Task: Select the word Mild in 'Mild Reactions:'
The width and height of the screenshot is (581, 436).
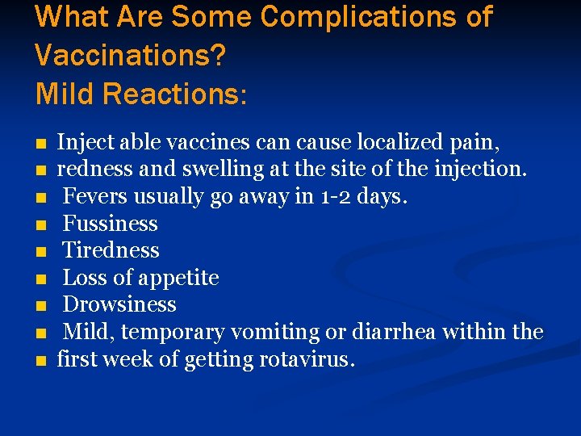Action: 65,94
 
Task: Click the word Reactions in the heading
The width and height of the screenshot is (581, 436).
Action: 170,94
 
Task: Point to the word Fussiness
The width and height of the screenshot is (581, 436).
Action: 110,224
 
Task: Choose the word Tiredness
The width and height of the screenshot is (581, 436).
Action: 111,250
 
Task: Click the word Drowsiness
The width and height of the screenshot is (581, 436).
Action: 119,304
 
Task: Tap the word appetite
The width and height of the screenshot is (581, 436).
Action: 179,279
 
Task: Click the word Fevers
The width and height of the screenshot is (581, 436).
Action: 94,196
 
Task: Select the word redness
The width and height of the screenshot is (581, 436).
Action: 87,170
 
